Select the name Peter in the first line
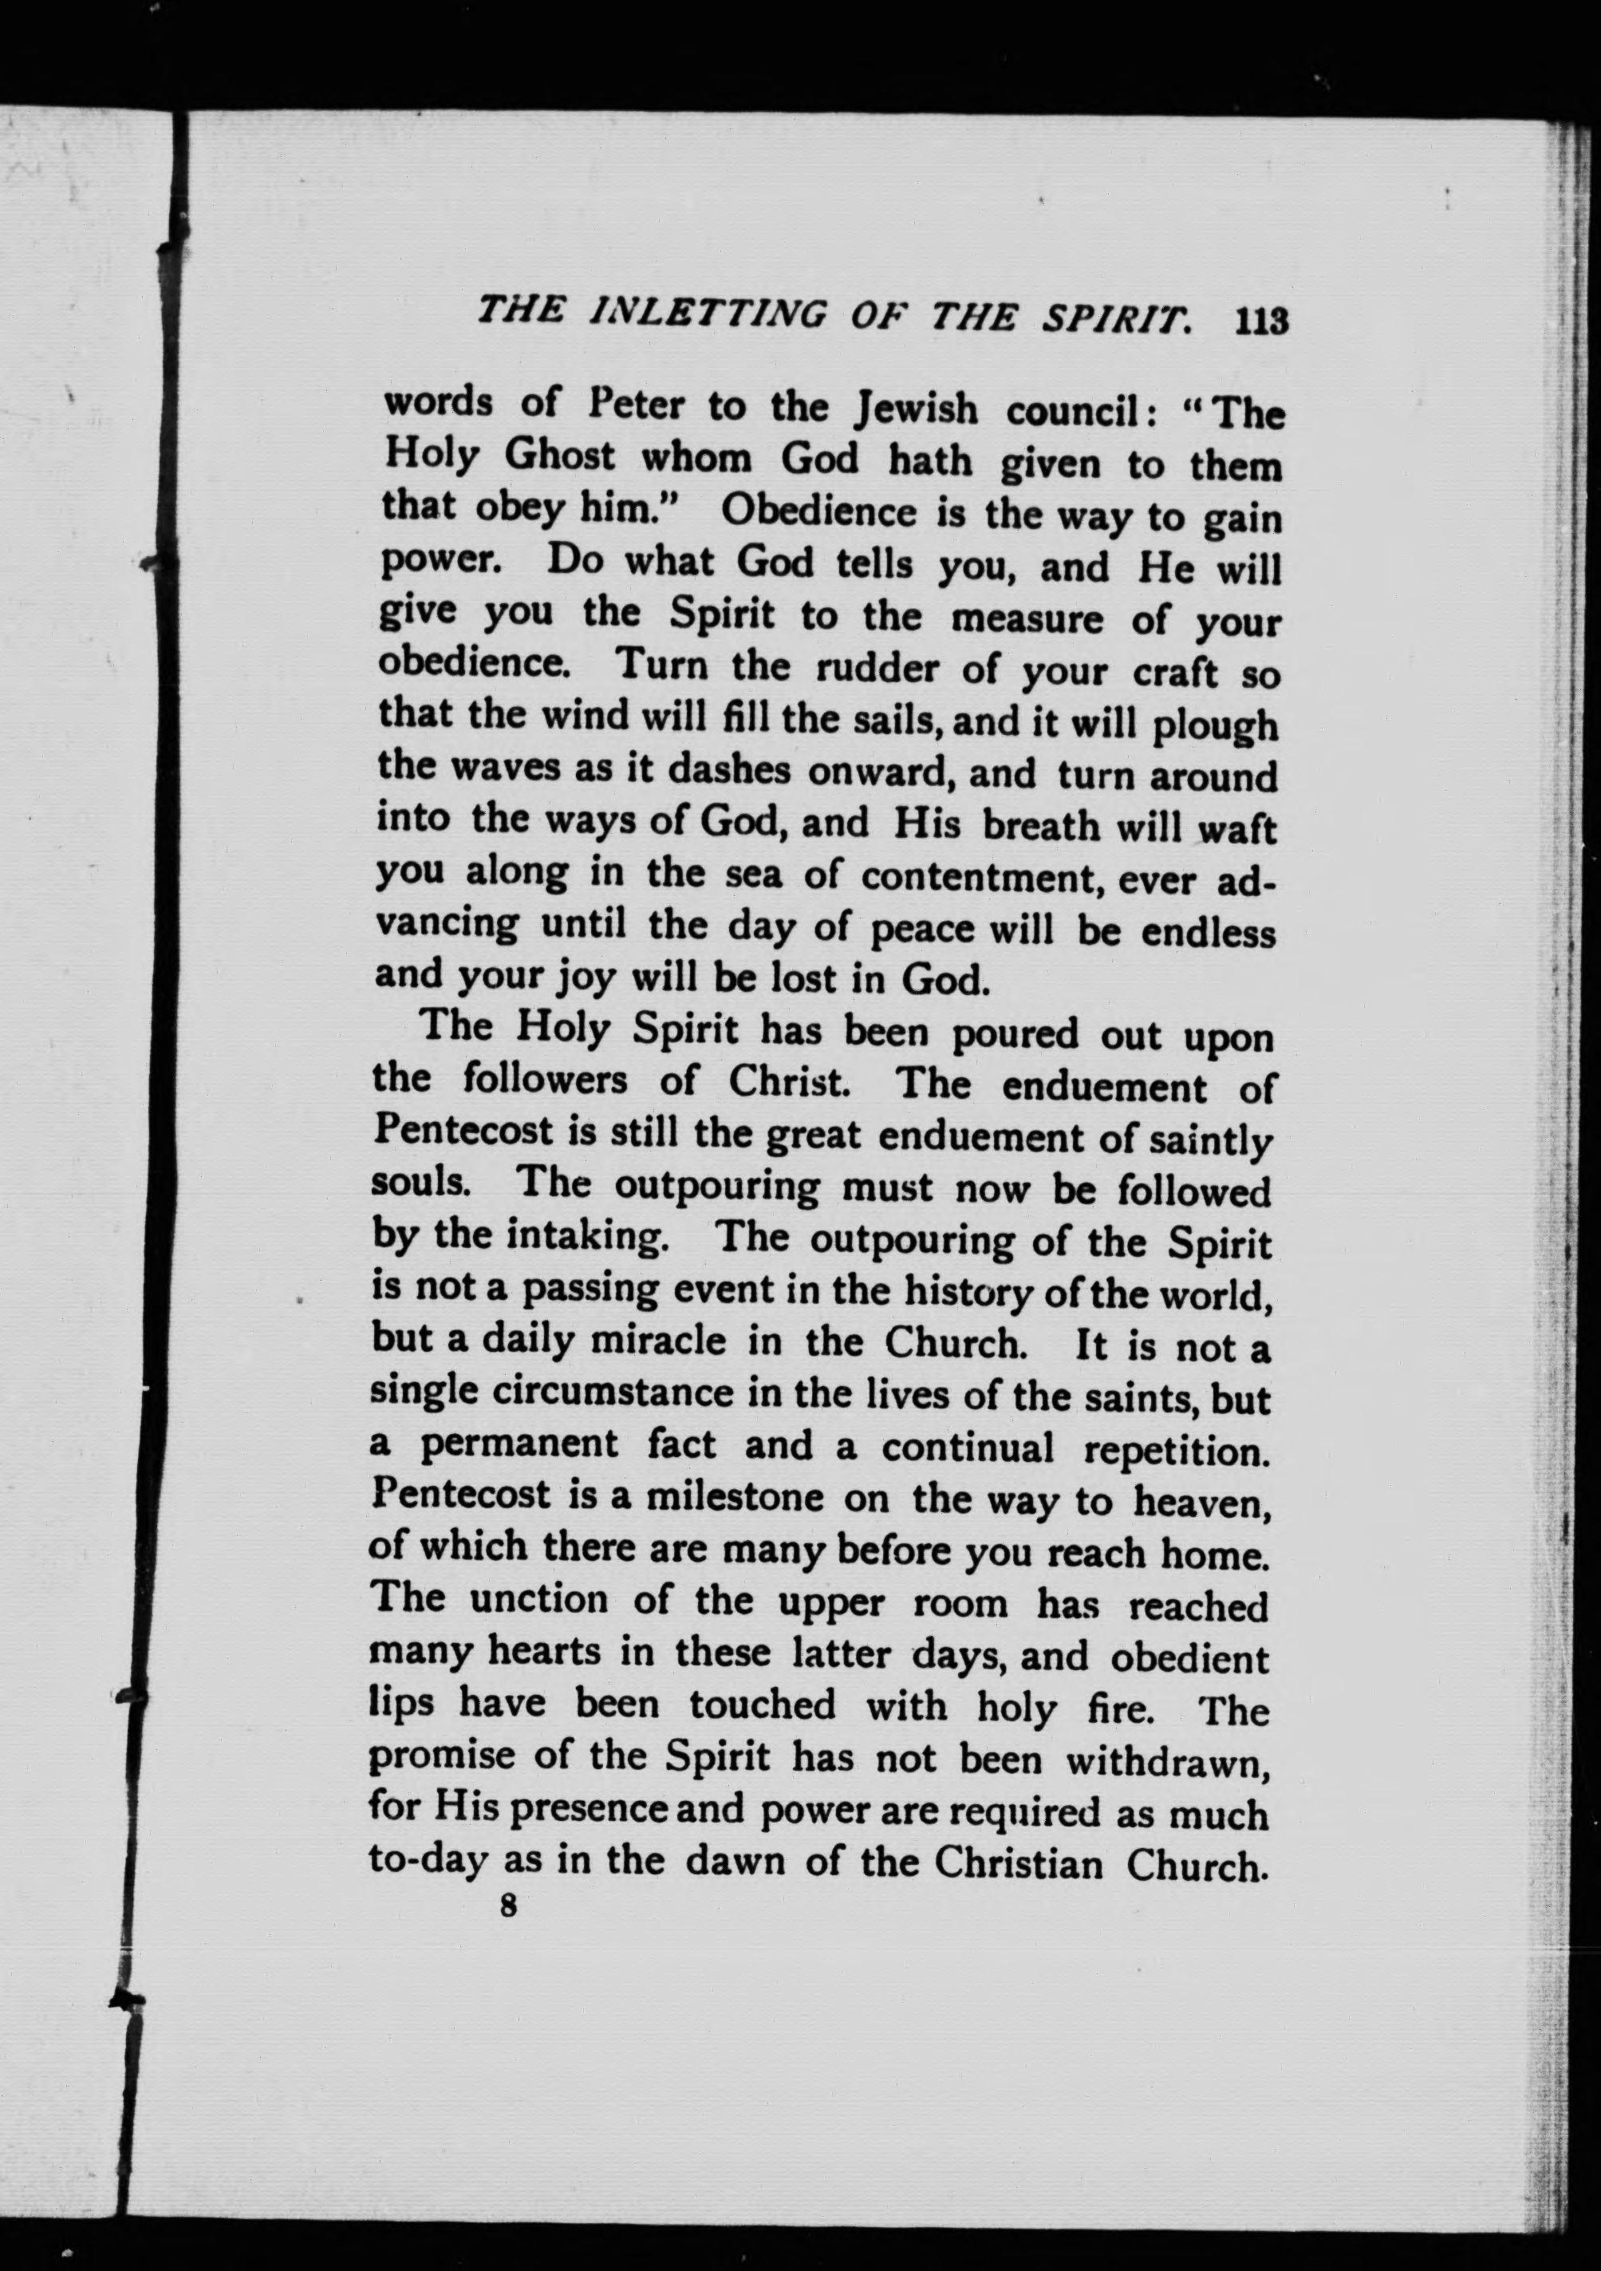pos(633,406)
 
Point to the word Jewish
pos(917,409)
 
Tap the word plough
pos(1216,729)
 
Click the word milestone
pos(735,1498)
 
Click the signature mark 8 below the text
pos(509,1906)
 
